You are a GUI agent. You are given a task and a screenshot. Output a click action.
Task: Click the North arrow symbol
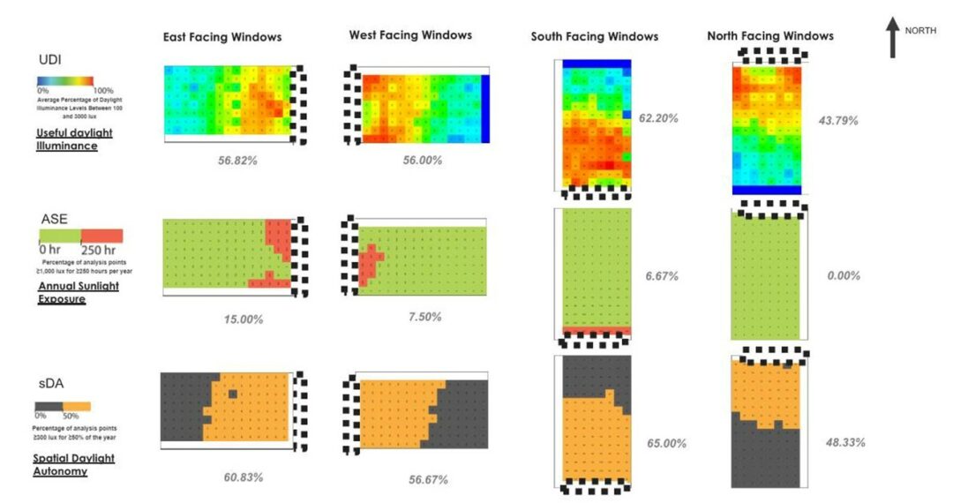click(893, 41)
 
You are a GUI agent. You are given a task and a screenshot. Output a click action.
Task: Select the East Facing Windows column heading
click(221, 37)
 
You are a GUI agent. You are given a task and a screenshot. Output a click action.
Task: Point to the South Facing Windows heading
click(594, 37)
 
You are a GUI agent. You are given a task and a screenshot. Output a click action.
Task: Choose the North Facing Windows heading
click(770, 36)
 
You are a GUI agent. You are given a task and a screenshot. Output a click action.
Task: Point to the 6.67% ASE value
click(661, 276)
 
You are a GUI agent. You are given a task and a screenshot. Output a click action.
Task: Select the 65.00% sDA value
click(666, 443)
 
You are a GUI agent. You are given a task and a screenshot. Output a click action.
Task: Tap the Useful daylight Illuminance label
click(67, 139)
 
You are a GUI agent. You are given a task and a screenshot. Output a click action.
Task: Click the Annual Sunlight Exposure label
click(78, 292)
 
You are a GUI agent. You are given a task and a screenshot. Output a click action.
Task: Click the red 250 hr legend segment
click(101, 236)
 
